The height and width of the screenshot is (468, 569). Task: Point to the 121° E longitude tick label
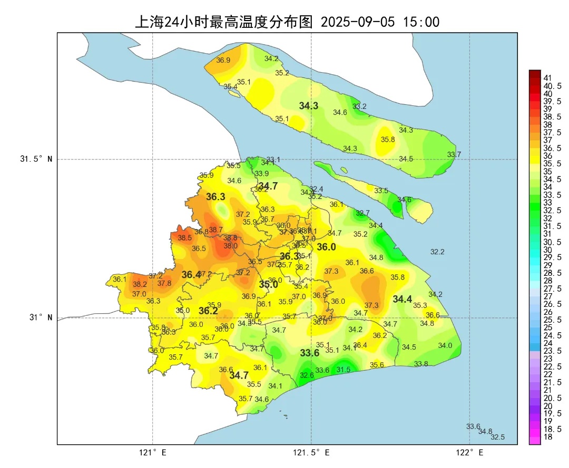[153, 452]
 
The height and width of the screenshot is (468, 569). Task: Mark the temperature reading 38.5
[184, 238]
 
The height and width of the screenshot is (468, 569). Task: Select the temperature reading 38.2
[140, 284]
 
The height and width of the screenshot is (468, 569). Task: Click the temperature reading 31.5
[344, 370]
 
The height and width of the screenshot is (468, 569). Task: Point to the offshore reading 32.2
[437, 252]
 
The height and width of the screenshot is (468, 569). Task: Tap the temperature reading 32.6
[307, 375]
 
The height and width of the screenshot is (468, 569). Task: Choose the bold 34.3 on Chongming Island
[308, 106]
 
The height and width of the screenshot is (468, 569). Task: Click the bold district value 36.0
[326, 247]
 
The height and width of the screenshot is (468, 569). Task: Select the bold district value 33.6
[310, 353]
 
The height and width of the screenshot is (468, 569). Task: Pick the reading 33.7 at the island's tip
[454, 154]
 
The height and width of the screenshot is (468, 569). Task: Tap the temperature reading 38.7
[215, 230]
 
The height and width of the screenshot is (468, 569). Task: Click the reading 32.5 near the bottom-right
[497, 437]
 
